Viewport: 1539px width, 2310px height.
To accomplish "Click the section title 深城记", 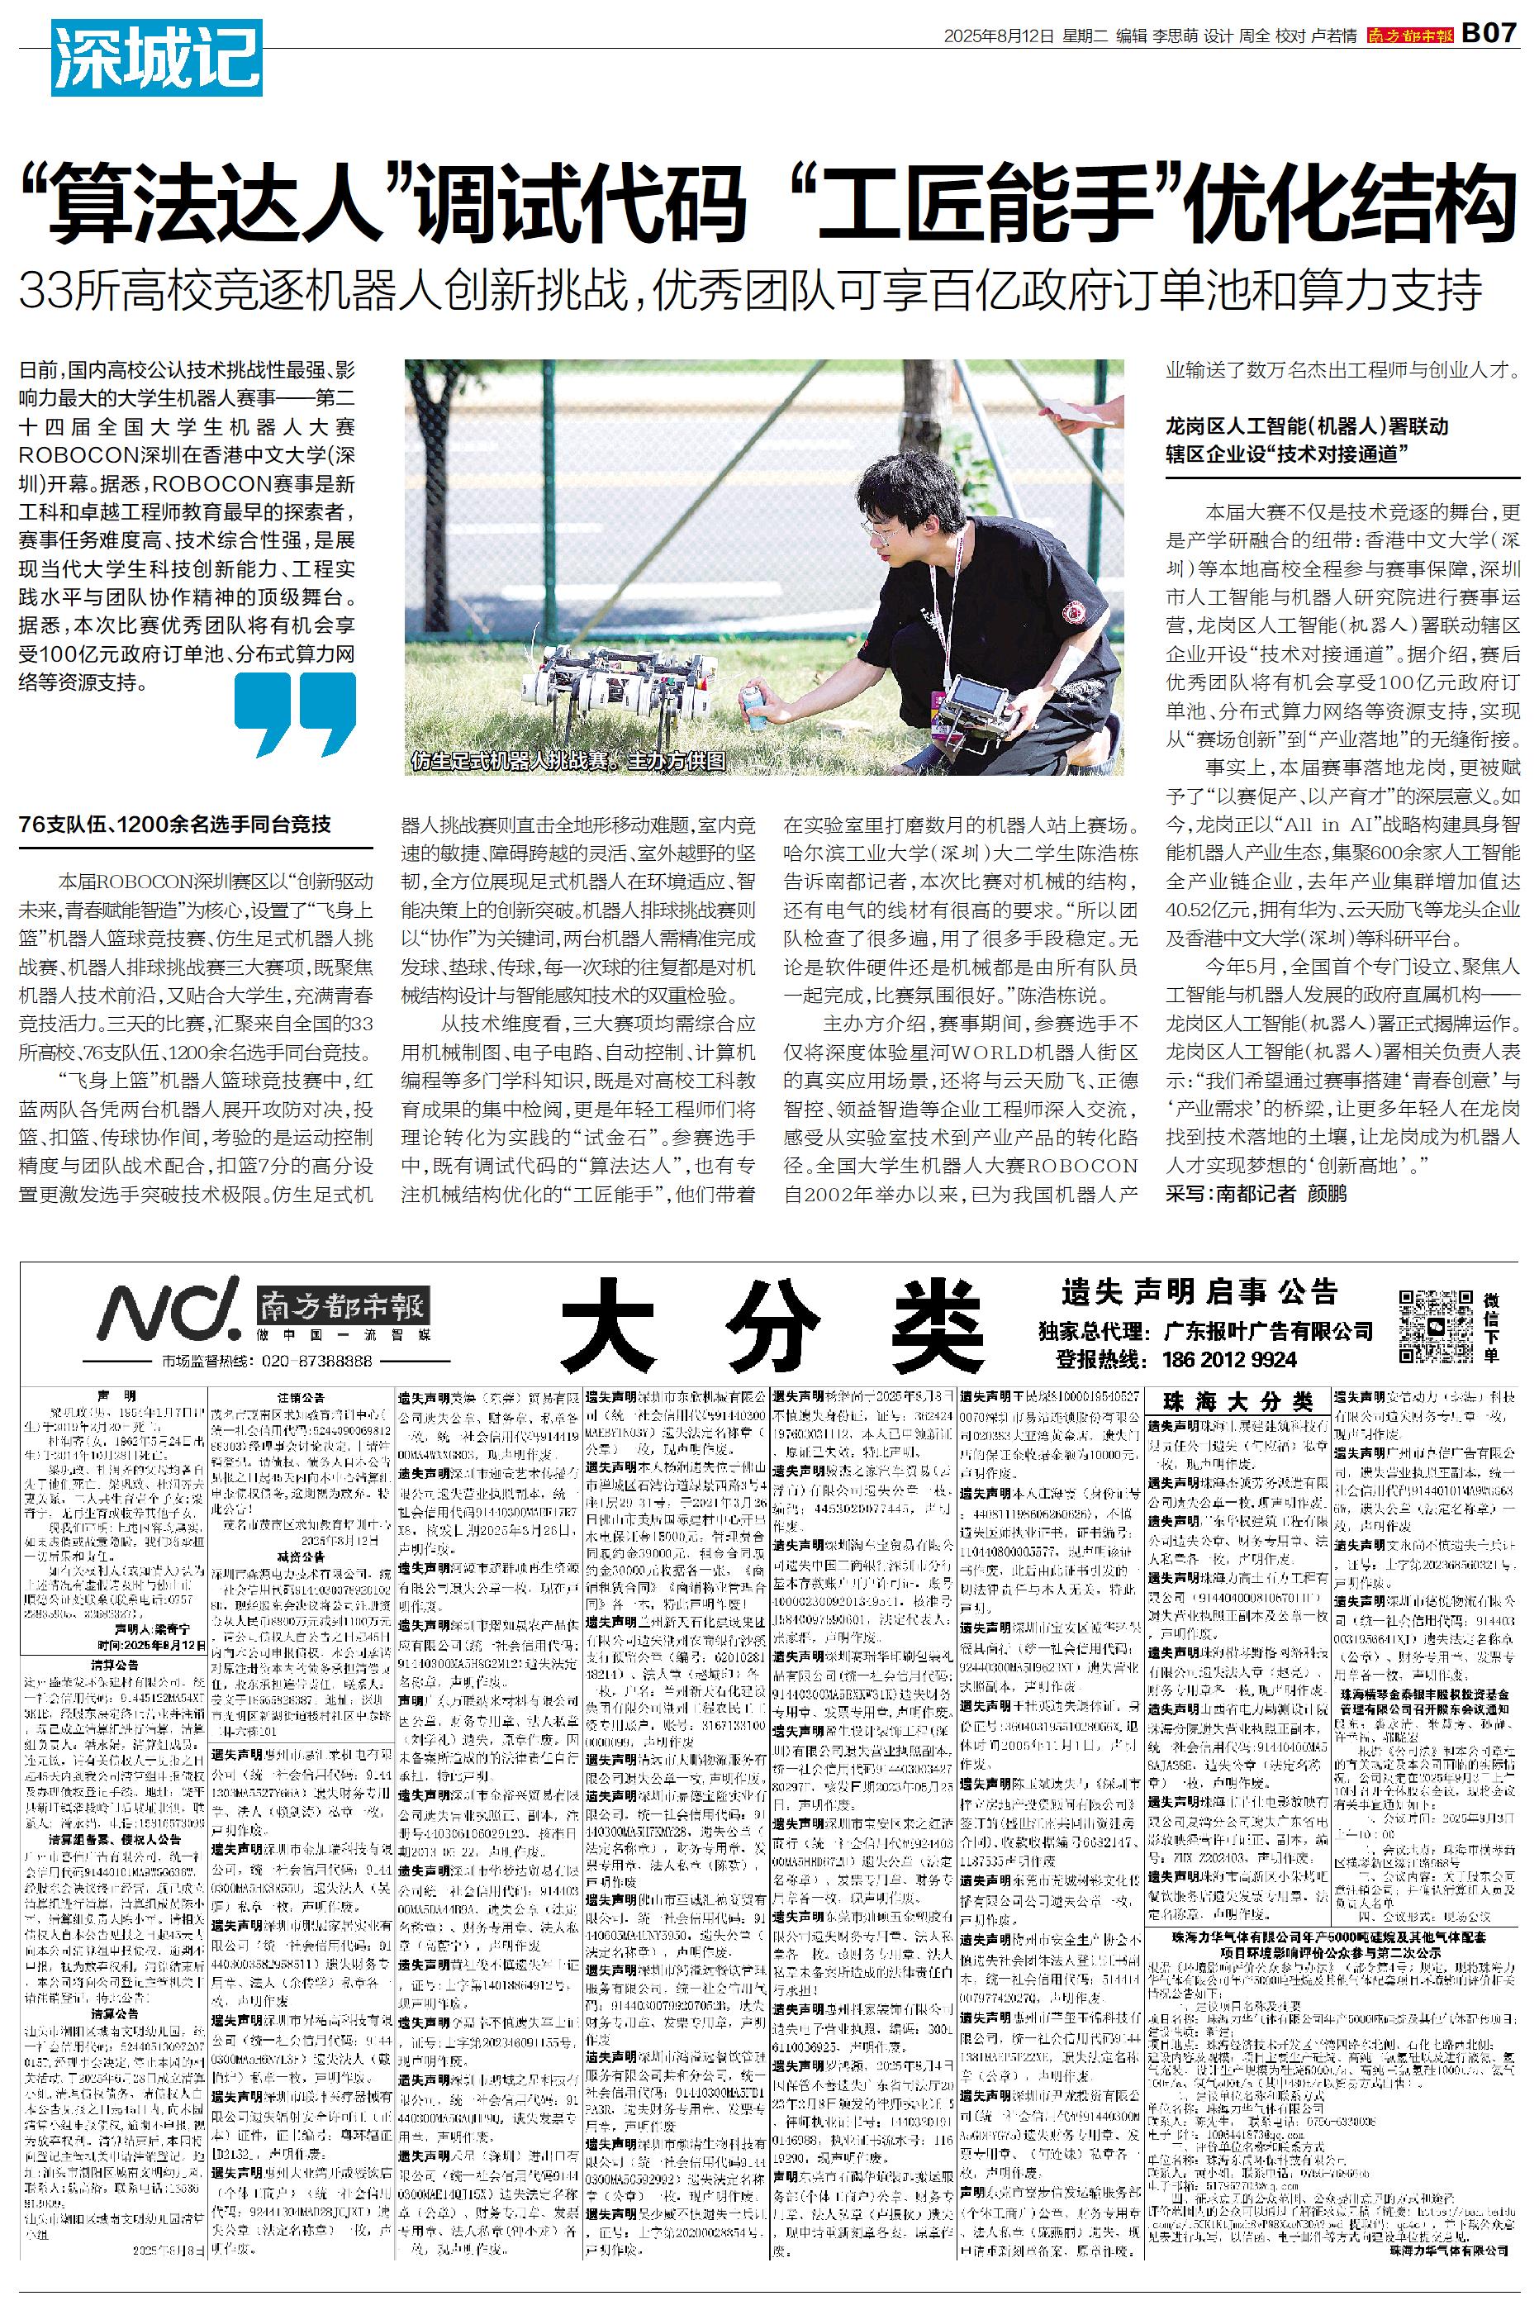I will [156, 57].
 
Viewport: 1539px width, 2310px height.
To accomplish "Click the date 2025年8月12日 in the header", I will [998, 36].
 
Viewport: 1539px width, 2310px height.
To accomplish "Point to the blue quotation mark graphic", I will [294, 714].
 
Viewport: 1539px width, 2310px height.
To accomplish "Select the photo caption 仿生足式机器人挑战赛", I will [568, 761].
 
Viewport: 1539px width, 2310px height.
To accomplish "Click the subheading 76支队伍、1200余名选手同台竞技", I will [174, 825].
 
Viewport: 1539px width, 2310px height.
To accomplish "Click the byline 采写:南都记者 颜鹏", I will [1256, 1193].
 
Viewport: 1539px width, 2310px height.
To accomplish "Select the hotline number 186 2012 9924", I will [1229, 1359].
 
